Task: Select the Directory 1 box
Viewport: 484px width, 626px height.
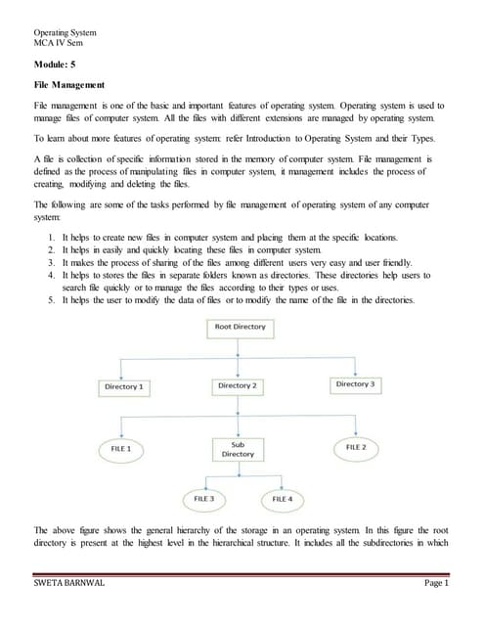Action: click(x=124, y=387)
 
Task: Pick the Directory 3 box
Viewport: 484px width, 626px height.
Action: click(x=355, y=384)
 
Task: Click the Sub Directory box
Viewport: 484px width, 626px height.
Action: click(x=238, y=449)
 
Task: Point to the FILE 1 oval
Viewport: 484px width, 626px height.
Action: click(x=122, y=448)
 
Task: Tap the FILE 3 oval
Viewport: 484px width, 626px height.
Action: click(x=205, y=499)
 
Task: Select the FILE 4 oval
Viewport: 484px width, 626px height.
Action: click(x=283, y=499)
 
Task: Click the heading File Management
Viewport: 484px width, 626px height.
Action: click(x=69, y=86)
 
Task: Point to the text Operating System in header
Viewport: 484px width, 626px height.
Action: click(x=67, y=33)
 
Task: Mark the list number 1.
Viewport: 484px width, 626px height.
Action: click(x=51, y=238)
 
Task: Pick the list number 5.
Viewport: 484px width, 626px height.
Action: click(x=51, y=299)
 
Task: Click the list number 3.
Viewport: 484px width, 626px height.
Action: click(x=51, y=263)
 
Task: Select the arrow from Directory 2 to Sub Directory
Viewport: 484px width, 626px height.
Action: click(x=237, y=417)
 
